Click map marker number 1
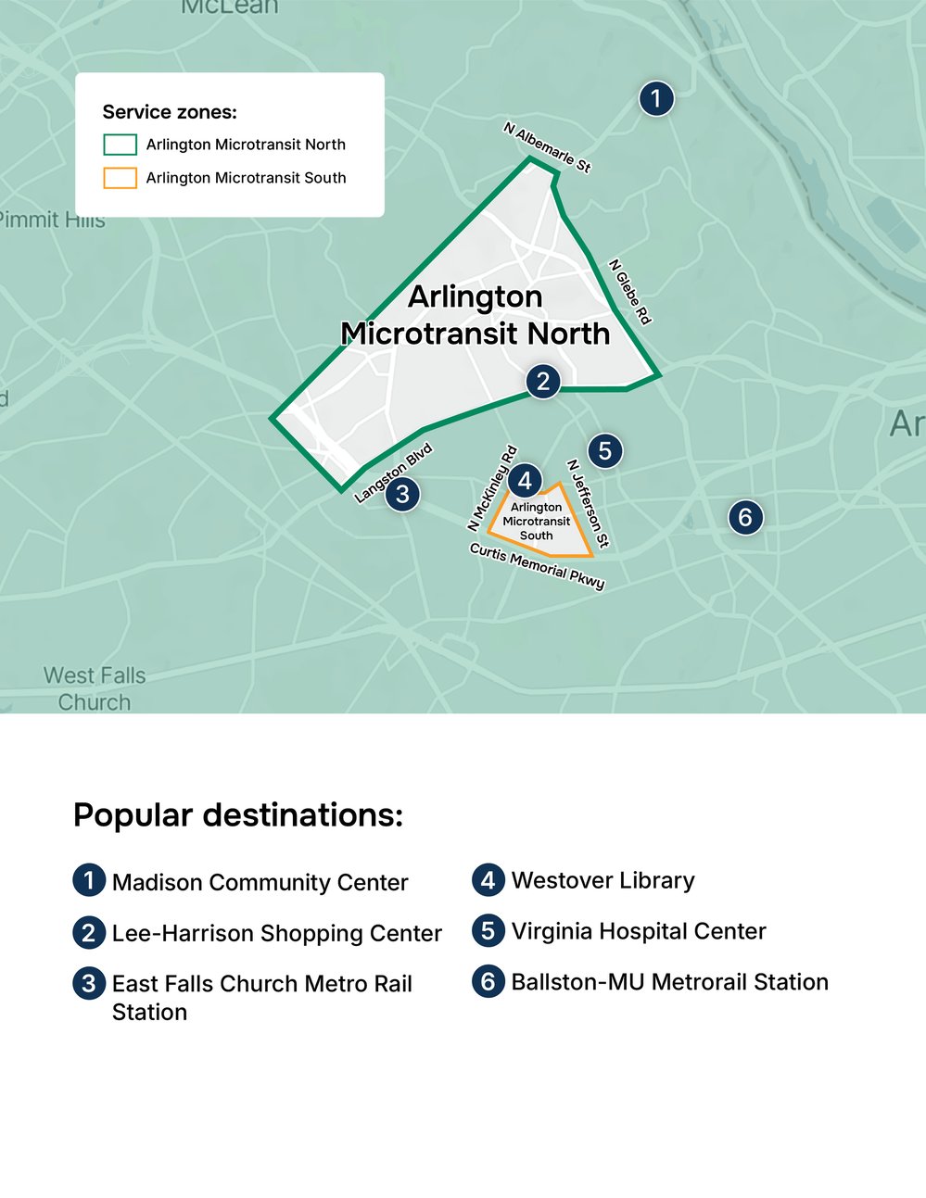coord(656,98)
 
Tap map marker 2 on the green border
coord(543,381)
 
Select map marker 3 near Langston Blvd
coord(402,494)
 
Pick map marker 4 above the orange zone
coord(525,480)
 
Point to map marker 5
coord(604,451)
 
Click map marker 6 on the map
coord(745,516)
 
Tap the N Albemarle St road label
coord(547,147)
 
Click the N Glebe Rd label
coord(630,292)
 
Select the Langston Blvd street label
coord(394,473)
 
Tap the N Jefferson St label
coord(588,503)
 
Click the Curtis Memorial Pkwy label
coord(537,565)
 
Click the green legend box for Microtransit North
coord(121,145)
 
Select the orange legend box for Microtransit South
coord(121,178)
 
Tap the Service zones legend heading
coord(170,112)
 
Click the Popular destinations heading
coord(238,815)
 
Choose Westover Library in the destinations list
coord(603,880)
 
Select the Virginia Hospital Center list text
coord(639,931)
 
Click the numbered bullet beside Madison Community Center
coord(89,879)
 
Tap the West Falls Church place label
coord(95,688)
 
